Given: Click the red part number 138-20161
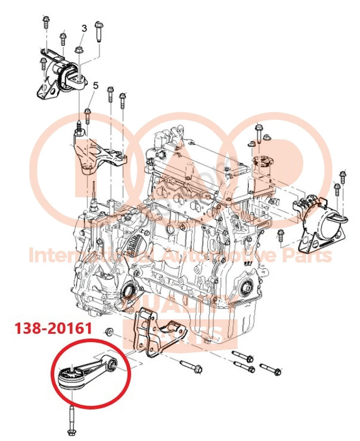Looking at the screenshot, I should point(53,328).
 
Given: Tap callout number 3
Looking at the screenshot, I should point(84,28).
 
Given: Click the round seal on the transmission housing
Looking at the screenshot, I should point(129,292).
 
